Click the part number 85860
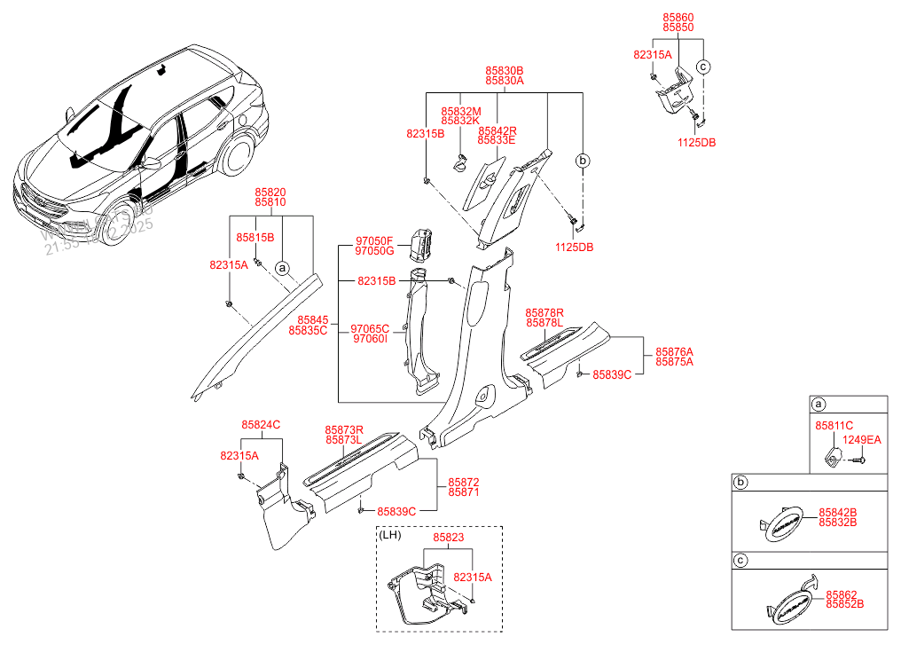click(678, 17)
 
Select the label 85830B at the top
click(504, 69)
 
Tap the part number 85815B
click(255, 238)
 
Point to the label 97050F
click(373, 240)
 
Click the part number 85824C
click(261, 425)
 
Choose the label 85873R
click(344, 429)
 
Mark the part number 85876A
click(674, 351)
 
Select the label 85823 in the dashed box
click(448, 537)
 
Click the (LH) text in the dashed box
click(390, 536)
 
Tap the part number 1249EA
click(862, 439)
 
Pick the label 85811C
click(834, 426)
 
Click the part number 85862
click(842, 594)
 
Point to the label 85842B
click(837, 512)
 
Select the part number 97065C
click(371, 327)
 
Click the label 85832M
click(460, 111)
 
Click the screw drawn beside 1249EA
click(858, 459)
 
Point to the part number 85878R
click(544, 312)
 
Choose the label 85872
click(464, 481)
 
